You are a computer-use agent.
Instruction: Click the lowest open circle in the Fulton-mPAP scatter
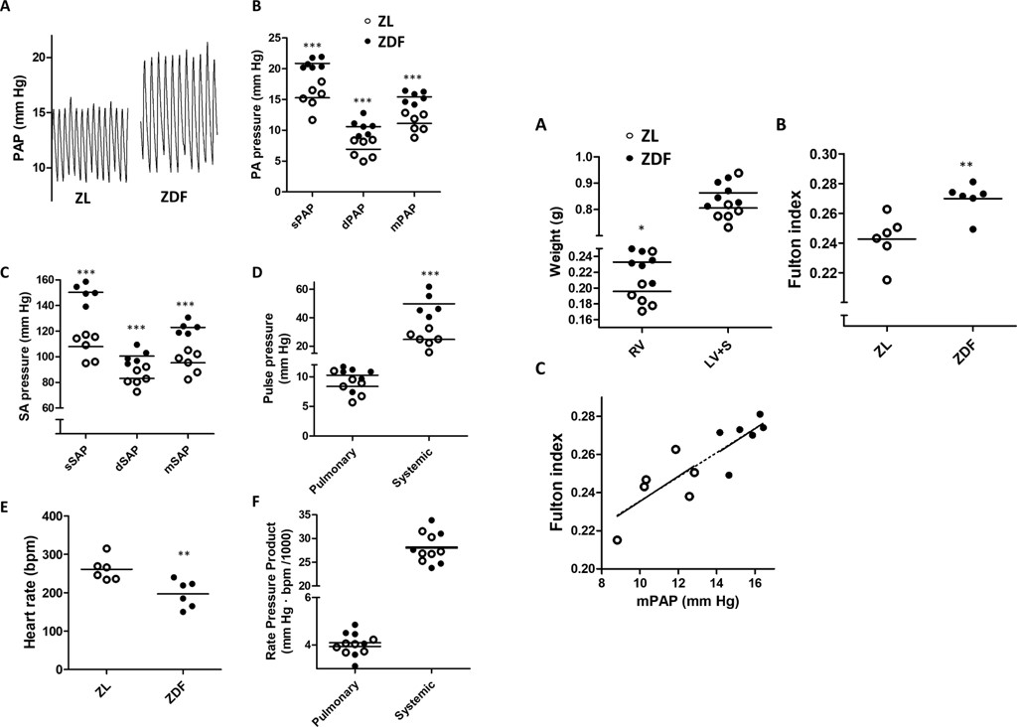coord(617,540)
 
